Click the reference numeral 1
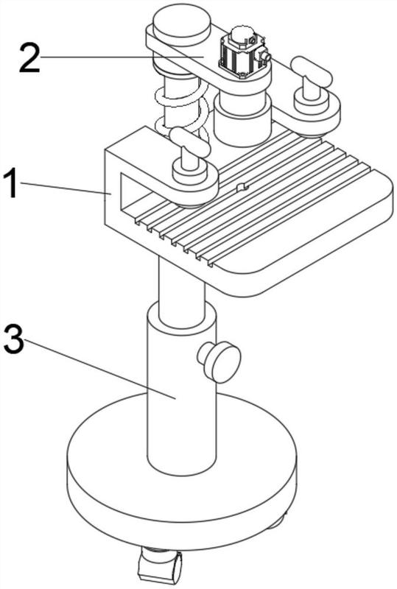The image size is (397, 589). click(x=10, y=183)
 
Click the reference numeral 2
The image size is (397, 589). click(x=29, y=57)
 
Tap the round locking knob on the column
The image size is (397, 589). click(x=221, y=361)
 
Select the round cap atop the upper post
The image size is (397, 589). click(x=182, y=24)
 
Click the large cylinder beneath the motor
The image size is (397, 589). click(x=242, y=119)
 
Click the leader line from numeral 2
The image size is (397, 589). click(x=122, y=57)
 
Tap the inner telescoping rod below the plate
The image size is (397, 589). click(x=182, y=289)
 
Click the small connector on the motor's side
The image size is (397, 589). click(x=264, y=56)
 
